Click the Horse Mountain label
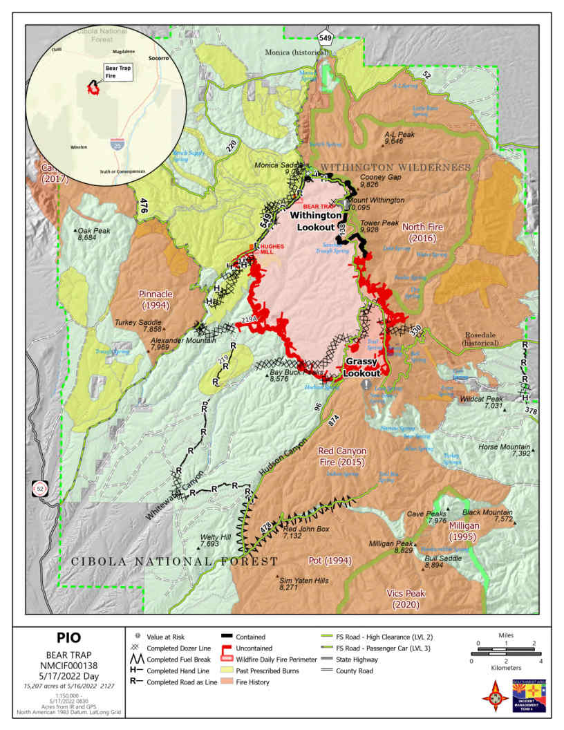coord(505,450)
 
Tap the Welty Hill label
coord(216,541)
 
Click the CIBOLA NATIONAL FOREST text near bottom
coord(175,561)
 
